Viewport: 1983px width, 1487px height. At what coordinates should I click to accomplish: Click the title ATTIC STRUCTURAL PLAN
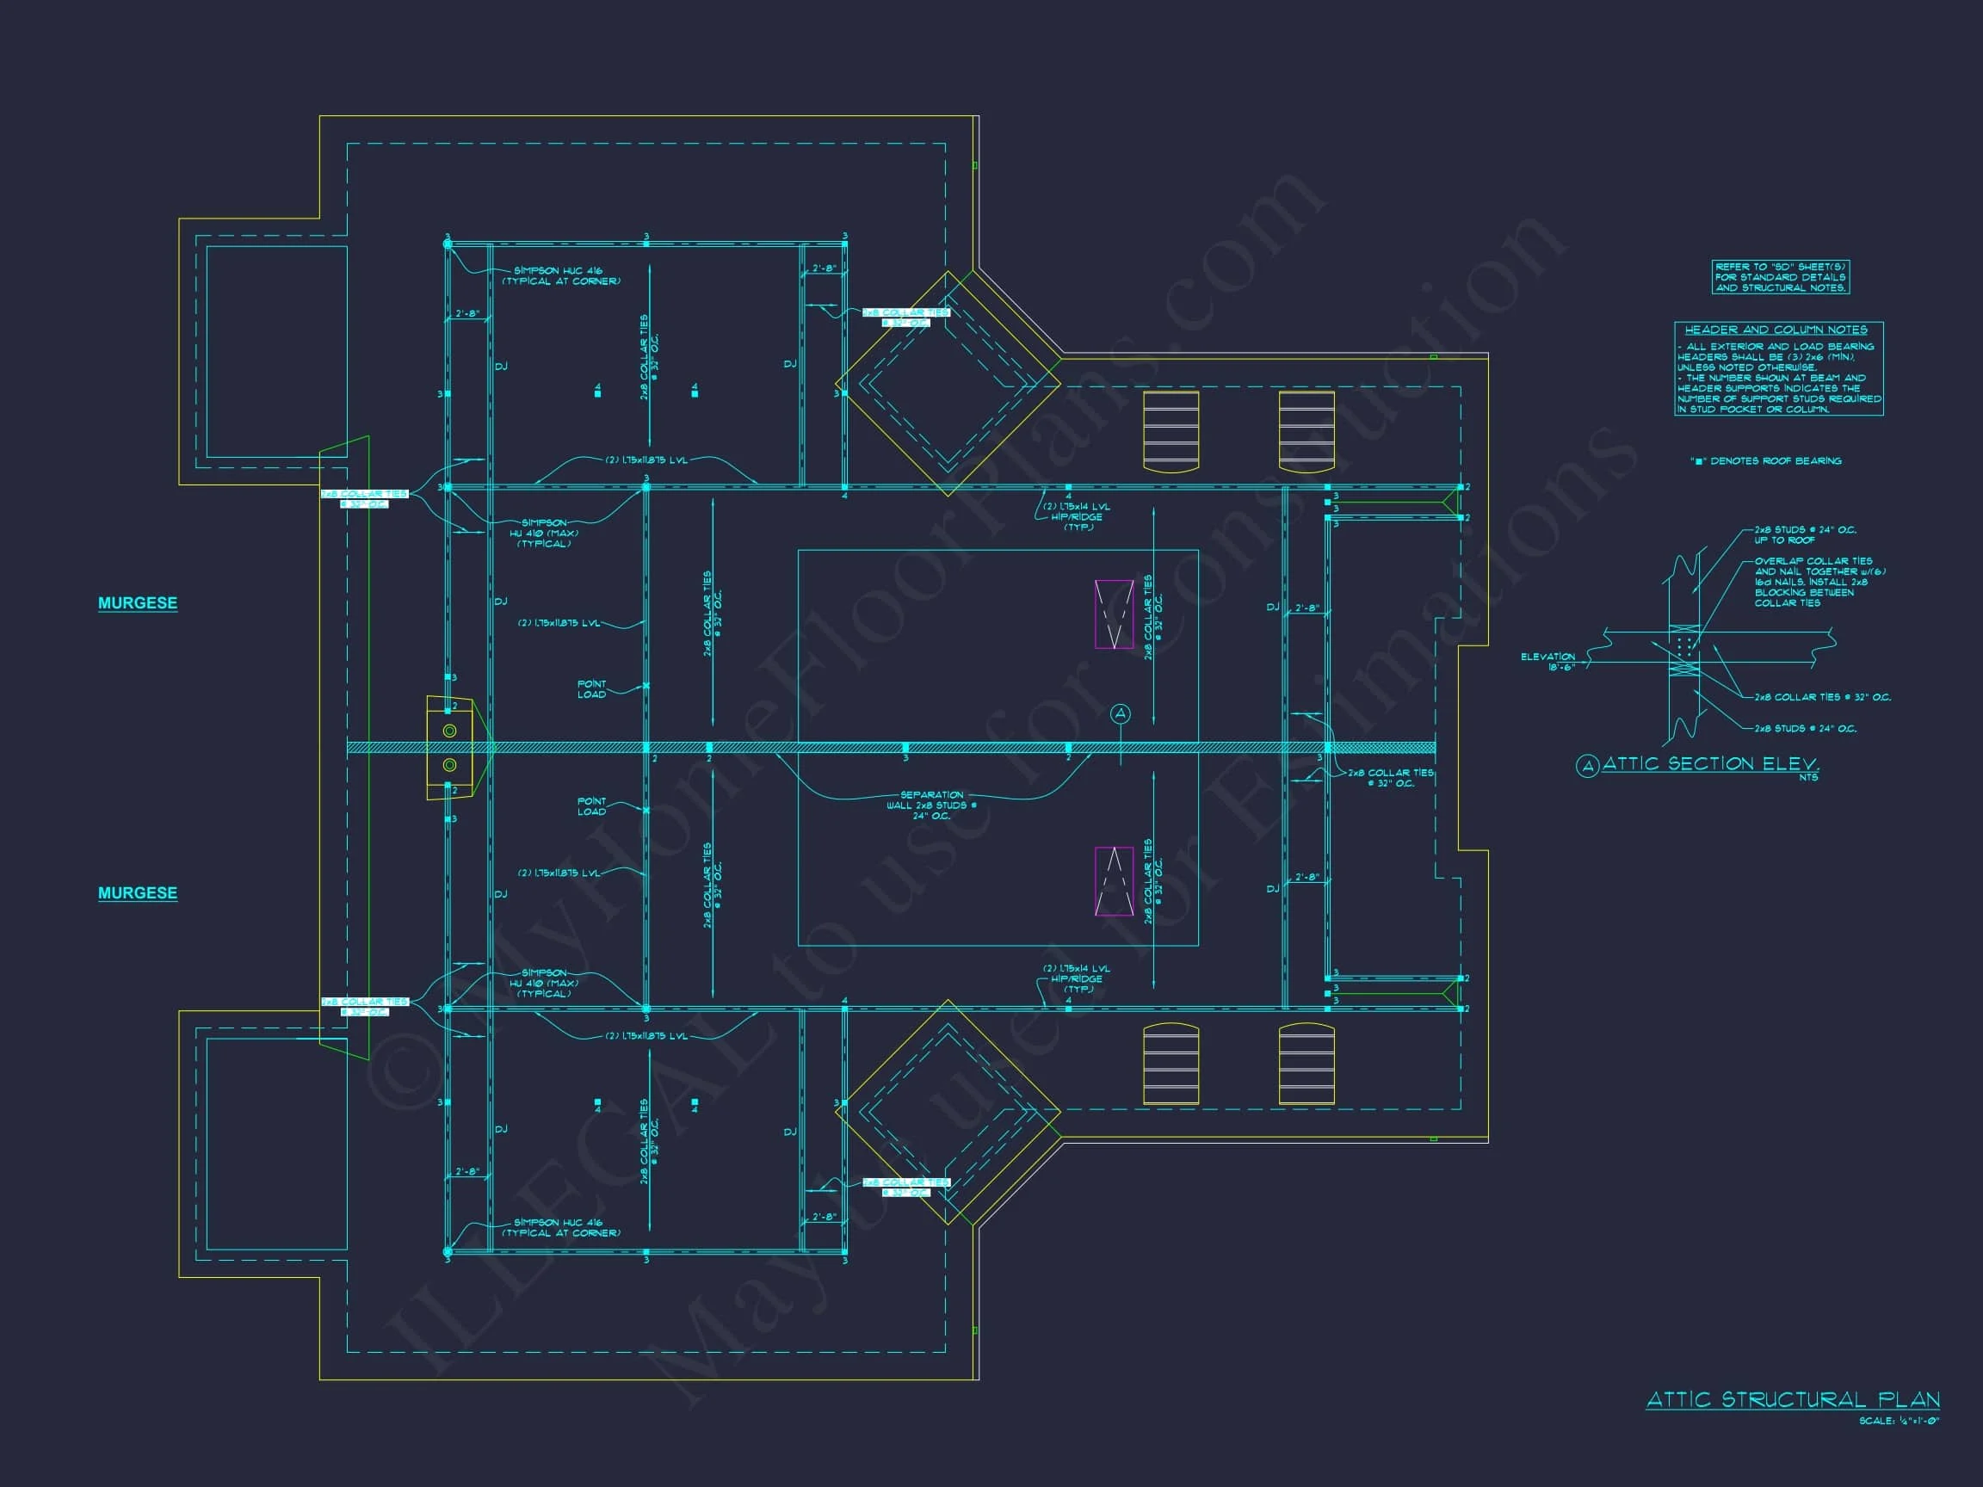click(1793, 1399)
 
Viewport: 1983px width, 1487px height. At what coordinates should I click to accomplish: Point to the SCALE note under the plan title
click(1899, 1421)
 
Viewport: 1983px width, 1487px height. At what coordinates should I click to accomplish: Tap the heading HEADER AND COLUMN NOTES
click(1776, 330)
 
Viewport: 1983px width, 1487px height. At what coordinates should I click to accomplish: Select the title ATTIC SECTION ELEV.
click(1710, 763)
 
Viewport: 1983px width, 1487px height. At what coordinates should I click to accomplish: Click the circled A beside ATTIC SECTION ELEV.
click(1588, 766)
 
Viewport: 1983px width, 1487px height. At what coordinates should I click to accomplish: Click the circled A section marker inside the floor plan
click(1121, 713)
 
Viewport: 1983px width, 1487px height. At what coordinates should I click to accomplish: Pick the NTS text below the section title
click(1808, 777)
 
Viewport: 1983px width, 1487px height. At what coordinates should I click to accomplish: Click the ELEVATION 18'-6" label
click(1547, 662)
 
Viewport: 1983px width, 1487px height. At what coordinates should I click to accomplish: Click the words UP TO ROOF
click(1785, 540)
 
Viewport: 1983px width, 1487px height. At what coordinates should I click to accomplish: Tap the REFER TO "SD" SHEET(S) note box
click(1781, 277)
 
